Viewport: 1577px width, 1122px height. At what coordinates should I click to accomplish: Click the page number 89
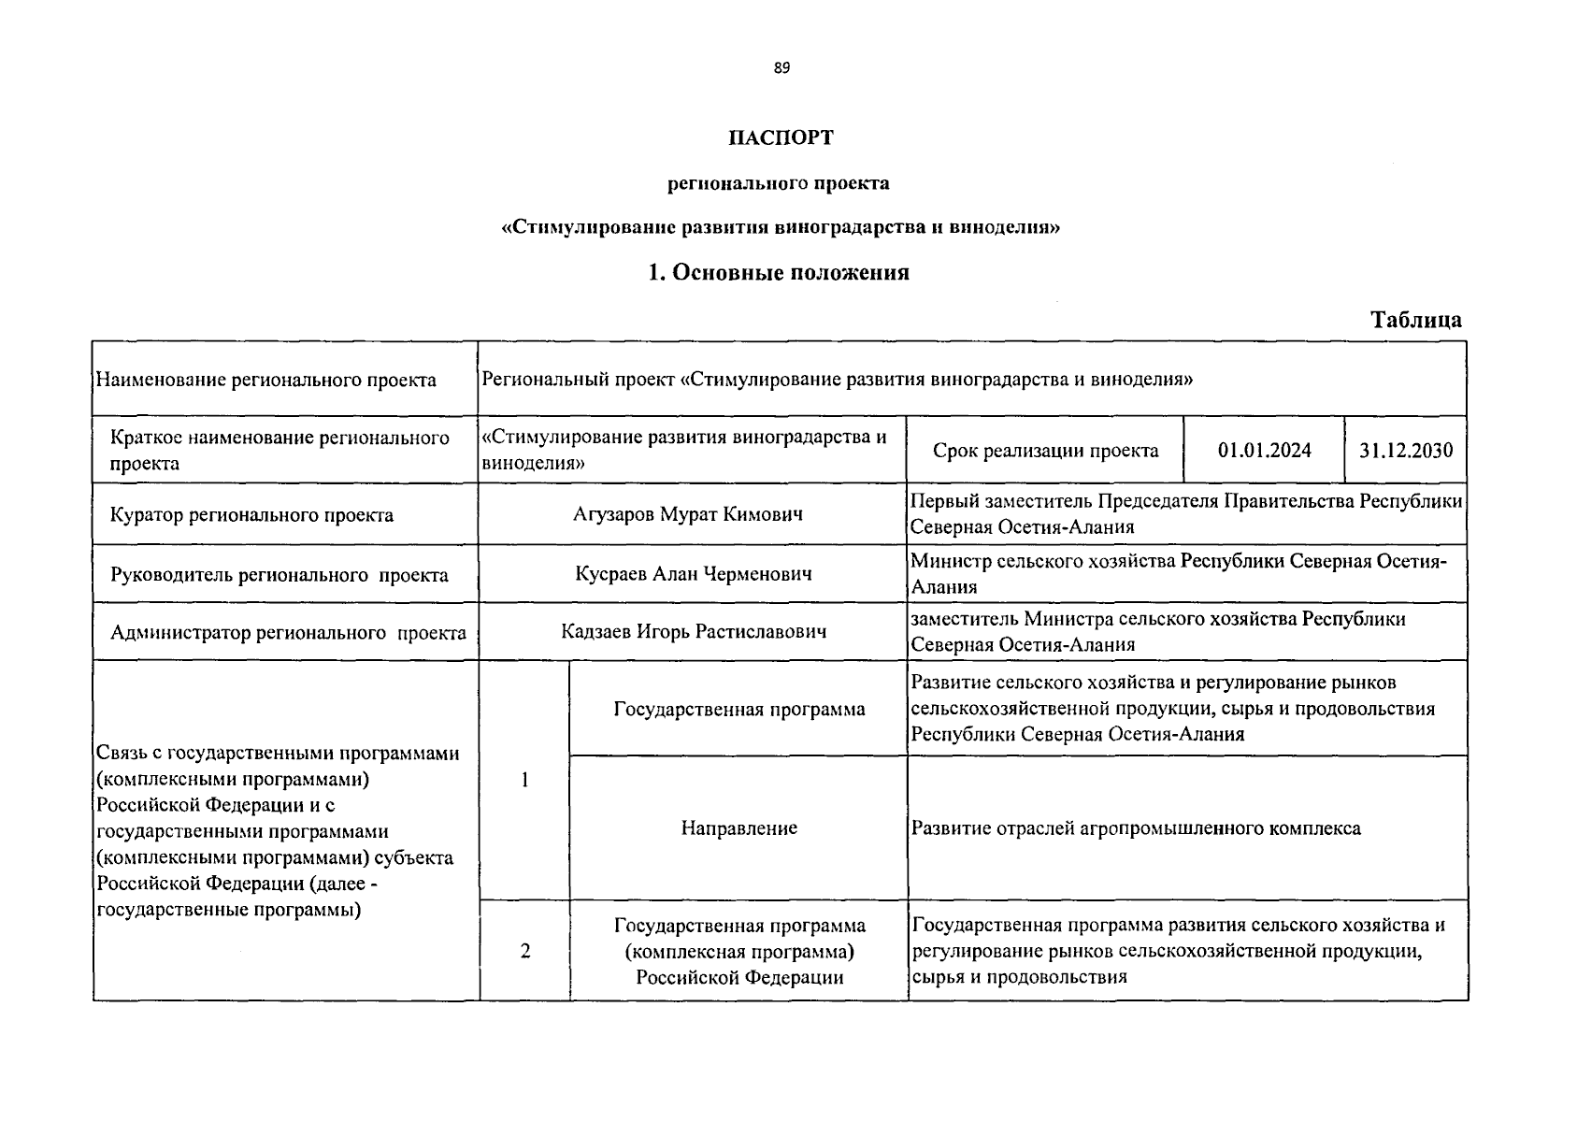click(x=781, y=67)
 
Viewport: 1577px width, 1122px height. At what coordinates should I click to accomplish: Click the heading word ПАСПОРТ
click(x=781, y=137)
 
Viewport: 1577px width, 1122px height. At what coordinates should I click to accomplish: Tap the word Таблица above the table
click(x=1415, y=320)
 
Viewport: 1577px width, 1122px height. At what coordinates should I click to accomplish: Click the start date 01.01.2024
click(x=1264, y=450)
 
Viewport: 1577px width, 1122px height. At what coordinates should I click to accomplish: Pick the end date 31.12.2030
click(x=1405, y=450)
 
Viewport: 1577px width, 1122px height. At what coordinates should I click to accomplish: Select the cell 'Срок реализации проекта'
click(x=1044, y=451)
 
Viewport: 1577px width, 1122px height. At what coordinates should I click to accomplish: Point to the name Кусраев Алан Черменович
click(x=693, y=573)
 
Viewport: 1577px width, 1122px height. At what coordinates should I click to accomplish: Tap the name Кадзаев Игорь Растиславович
click(x=693, y=631)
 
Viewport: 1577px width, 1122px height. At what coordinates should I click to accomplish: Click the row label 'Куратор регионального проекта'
click(x=251, y=515)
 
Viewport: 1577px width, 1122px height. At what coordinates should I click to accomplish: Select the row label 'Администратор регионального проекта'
click(x=288, y=633)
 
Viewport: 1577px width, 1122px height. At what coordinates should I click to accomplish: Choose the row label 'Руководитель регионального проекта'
click(x=279, y=575)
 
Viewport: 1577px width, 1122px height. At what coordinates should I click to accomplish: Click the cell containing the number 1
click(x=524, y=780)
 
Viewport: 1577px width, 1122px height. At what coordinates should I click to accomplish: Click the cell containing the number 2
click(x=524, y=951)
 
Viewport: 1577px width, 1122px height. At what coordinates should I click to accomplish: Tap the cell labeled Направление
click(x=738, y=827)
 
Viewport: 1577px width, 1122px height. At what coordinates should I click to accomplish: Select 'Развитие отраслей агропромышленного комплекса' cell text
click(x=1135, y=828)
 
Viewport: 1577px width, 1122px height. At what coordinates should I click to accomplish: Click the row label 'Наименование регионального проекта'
click(x=265, y=380)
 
